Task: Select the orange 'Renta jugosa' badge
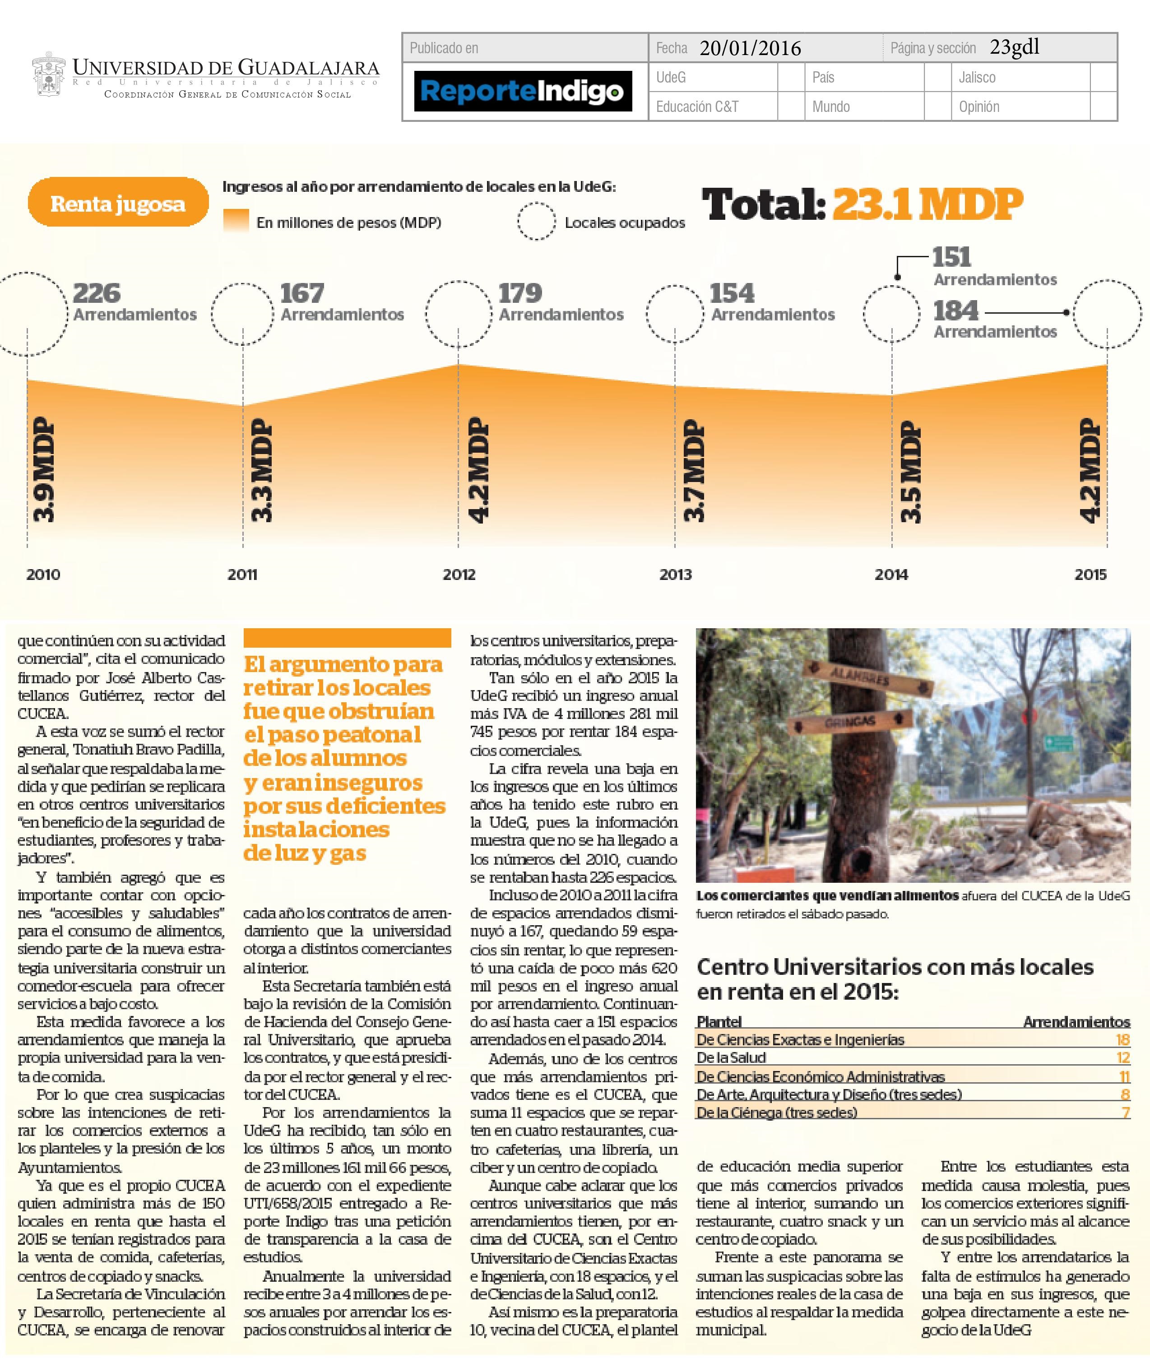118,204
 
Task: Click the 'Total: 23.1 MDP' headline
862,204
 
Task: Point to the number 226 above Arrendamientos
97,293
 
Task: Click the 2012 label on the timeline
459,574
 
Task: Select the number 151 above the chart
951,257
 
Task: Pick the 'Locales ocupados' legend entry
625,223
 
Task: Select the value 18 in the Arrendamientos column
1122,1040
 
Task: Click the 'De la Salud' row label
731,1057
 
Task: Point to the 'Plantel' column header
719,1021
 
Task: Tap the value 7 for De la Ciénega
1125,1112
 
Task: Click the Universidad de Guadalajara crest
48,77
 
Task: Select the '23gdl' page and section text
1014,47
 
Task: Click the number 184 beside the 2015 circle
956,311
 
